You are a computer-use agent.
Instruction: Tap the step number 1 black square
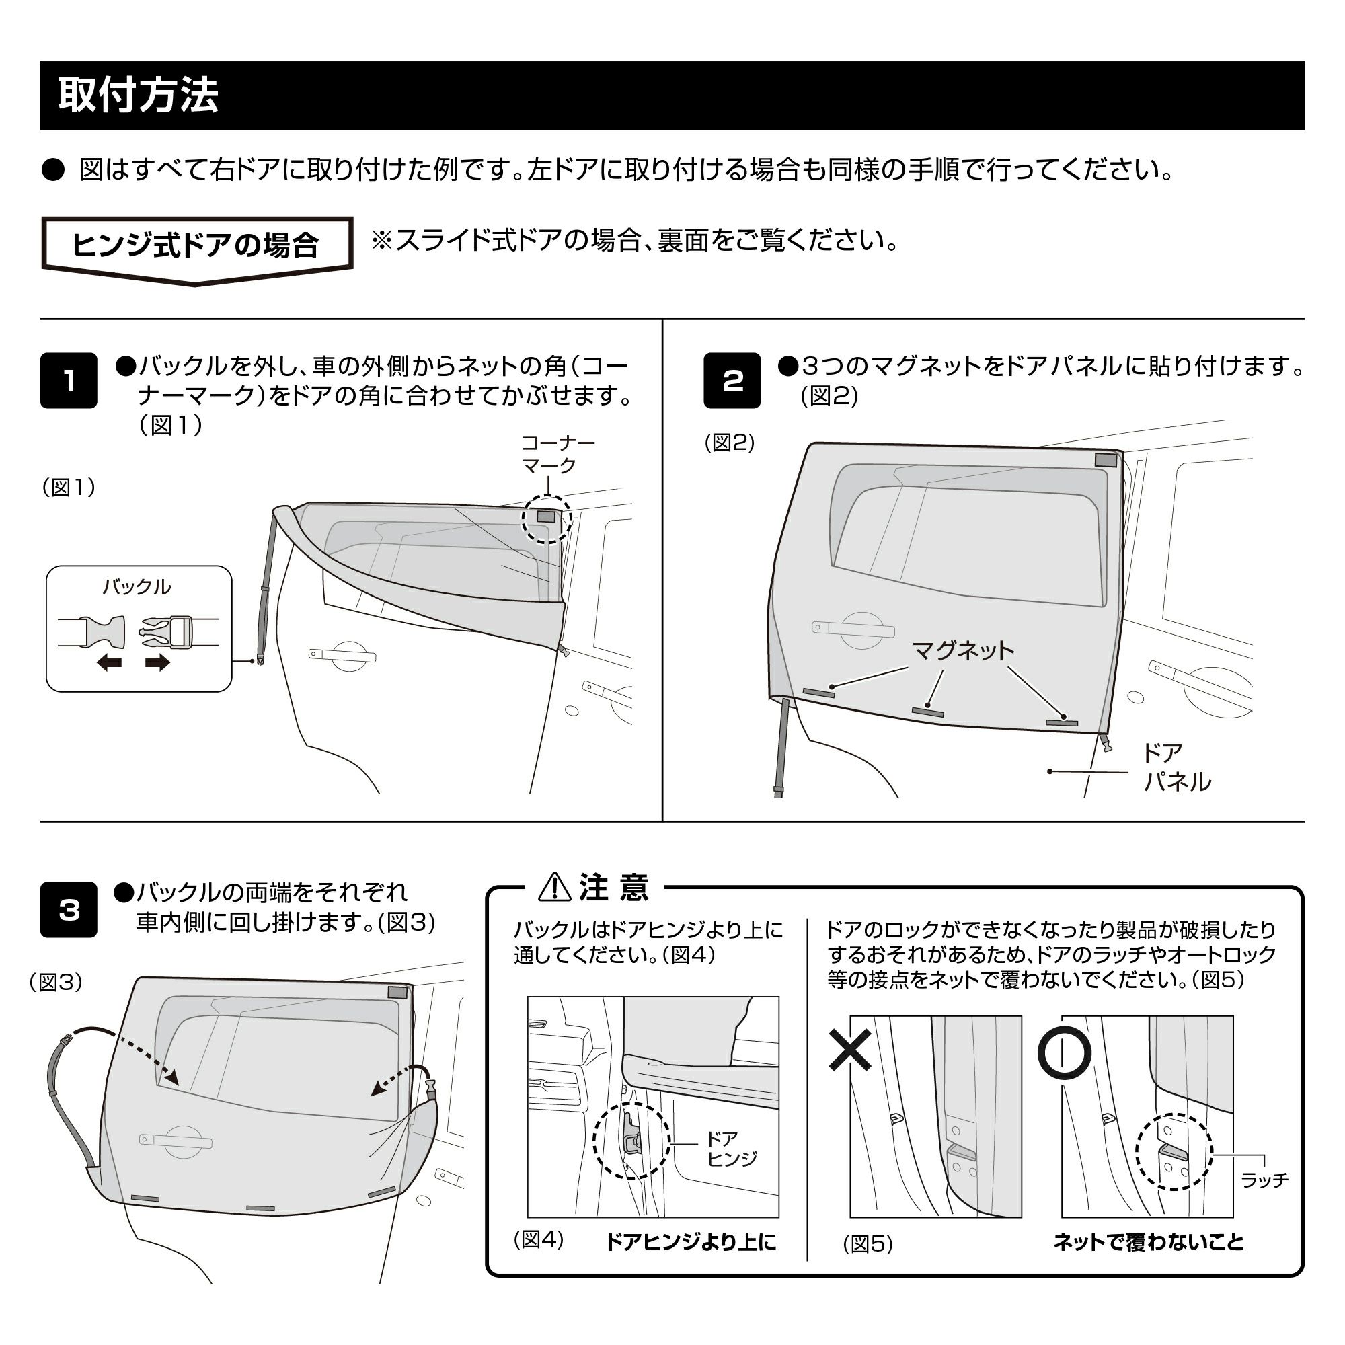[x=68, y=381]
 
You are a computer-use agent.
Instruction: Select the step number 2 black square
[x=732, y=381]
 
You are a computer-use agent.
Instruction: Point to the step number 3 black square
[x=68, y=910]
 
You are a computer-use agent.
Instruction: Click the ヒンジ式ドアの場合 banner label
[x=196, y=245]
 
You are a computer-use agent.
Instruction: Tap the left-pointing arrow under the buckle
[x=110, y=663]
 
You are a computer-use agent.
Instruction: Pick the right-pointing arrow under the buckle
[x=157, y=663]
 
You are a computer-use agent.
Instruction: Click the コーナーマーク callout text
[x=558, y=454]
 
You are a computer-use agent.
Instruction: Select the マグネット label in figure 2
[x=963, y=651]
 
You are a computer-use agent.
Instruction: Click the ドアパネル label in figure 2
[x=1176, y=767]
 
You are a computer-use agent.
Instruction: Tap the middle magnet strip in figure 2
[x=928, y=712]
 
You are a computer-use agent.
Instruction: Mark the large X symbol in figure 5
[x=850, y=1050]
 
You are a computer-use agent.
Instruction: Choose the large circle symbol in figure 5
[x=1064, y=1052]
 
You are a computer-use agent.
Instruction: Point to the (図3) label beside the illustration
[x=56, y=983]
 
